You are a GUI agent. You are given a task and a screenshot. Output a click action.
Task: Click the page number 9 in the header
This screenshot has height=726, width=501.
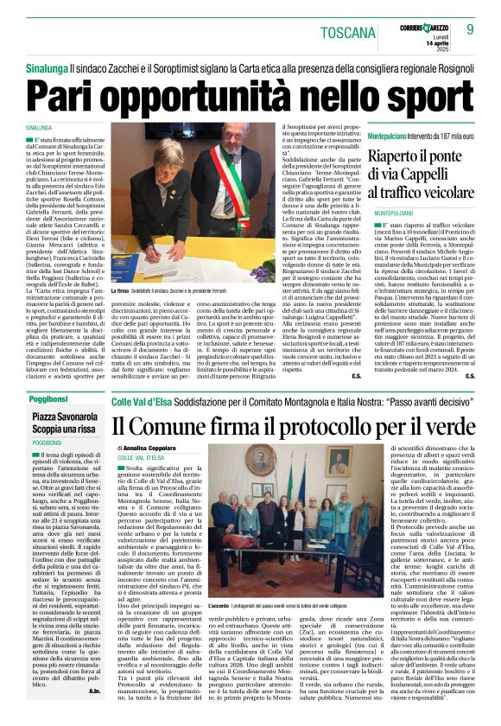coord(470,29)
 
